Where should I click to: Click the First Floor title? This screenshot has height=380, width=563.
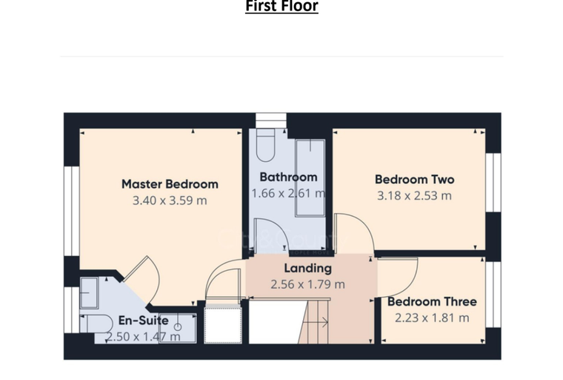[281, 6]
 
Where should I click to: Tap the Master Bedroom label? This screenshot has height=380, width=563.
[170, 184]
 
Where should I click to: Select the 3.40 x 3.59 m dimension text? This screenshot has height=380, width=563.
[170, 200]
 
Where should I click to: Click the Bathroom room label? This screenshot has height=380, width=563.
[288, 177]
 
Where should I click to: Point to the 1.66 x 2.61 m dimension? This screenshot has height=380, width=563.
[288, 194]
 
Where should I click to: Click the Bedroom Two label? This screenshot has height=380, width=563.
[415, 180]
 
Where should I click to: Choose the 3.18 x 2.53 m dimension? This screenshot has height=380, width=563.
[414, 196]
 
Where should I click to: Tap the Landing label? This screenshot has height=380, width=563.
[307, 269]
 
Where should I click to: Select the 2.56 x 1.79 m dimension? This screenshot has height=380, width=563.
[307, 285]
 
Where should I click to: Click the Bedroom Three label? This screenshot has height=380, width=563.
[433, 301]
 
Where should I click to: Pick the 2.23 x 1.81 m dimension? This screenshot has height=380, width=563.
[432, 318]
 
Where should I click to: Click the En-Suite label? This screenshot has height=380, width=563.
[144, 321]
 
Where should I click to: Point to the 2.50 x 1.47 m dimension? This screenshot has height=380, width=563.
[143, 337]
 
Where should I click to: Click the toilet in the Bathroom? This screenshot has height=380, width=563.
[266, 145]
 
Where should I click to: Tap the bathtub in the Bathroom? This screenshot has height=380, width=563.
[310, 178]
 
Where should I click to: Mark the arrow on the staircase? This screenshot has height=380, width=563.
[316, 322]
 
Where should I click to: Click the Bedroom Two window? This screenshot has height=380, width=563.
[493, 183]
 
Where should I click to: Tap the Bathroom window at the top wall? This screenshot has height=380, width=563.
[271, 120]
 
